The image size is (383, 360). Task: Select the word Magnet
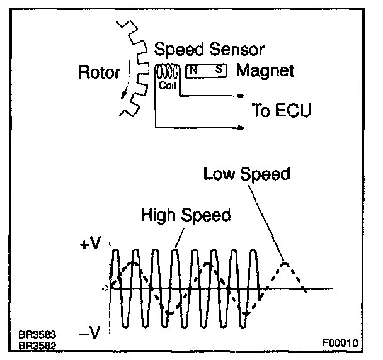[x=265, y=70]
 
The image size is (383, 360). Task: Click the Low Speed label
[x=246, y=174]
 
